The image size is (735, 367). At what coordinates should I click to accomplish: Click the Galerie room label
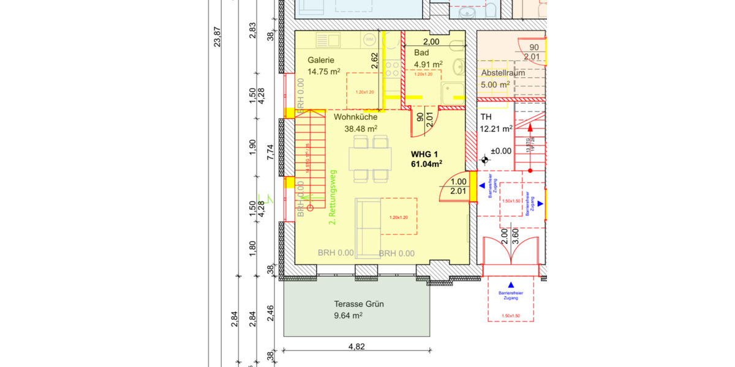(321, 60)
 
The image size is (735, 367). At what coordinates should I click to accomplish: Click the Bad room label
(421, 53)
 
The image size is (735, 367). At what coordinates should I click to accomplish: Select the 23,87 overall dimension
(216, 36)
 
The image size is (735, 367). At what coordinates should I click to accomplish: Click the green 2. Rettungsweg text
(333, 197)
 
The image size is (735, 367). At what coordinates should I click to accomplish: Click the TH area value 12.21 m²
(497, 128)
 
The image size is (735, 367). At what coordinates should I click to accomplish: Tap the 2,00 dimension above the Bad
(431, 42)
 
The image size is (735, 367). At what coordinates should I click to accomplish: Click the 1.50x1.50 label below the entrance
(510, 316)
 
